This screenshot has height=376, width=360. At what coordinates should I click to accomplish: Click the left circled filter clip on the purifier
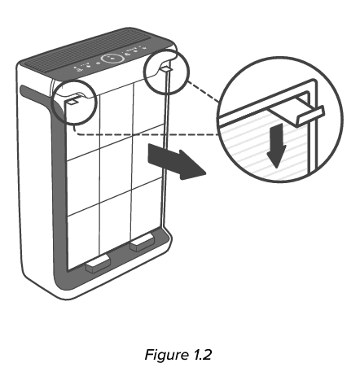click(72, 101)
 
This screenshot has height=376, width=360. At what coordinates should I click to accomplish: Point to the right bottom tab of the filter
click(143, 241)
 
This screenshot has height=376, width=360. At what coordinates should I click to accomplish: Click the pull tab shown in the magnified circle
click(305, 113)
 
